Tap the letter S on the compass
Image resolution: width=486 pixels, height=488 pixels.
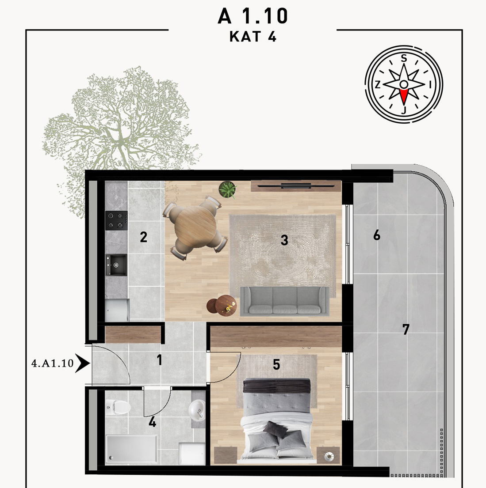point(404,58)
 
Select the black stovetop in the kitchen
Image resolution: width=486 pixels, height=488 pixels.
point(116,220)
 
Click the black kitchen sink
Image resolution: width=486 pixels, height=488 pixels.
point(116,265)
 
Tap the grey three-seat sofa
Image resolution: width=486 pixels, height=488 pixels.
point(285,301)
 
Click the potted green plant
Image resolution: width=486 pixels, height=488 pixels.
point(228,189)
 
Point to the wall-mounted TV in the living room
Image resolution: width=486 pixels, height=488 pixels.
point(296,186)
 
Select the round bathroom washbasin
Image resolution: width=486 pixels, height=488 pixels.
point(197,409)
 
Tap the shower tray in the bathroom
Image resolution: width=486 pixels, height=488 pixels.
point(131,449)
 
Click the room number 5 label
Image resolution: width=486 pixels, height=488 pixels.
point(276,365)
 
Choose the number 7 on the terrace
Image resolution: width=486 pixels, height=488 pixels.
point(406,329)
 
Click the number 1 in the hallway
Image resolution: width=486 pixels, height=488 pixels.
point(159,360)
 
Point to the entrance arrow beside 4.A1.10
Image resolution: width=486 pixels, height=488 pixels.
point(83,363)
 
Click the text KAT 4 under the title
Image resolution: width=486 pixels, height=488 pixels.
point(253,37)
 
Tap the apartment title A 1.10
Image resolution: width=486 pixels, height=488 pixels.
point(253,16)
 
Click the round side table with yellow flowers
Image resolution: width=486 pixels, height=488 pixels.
point(226,305)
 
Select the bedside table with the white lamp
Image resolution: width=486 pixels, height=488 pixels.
point(328,456)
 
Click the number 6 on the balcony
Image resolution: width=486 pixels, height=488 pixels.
point(377,235)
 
